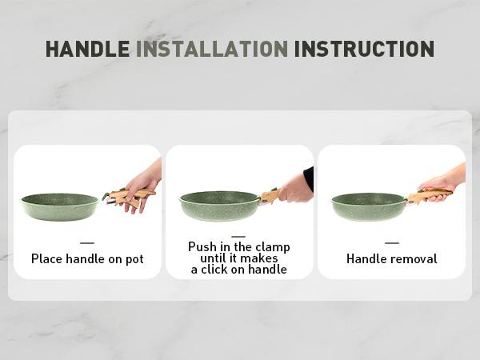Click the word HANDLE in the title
point(87,49)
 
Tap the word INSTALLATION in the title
point(212,49)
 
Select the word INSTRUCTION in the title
point(364,49)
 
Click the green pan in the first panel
point(60,206)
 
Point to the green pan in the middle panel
point(220,206)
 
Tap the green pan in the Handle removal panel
point(369,206)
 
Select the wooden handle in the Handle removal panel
point(429,196)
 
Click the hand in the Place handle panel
point(142,186)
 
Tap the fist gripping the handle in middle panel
point(295,192)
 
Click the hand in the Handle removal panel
point(442,184)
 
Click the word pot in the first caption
point(134,259)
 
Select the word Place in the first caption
point(47,258)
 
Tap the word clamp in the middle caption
point(273,247)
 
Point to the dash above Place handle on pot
point(87,242)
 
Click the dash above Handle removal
point(392,242)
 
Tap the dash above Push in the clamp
point(238,236)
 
